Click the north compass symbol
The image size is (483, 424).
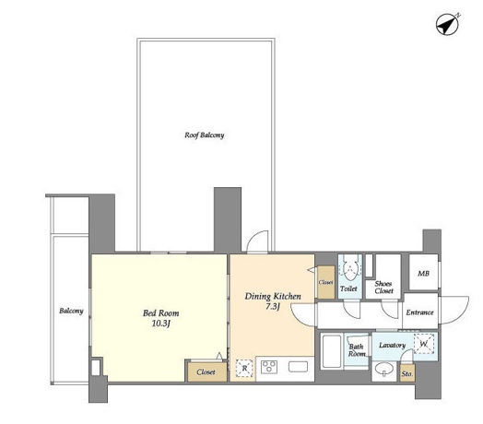[447, 25]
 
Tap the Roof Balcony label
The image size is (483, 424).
[205, 135]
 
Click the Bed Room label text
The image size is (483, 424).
[160, 313]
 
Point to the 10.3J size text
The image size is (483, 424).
[161, 324]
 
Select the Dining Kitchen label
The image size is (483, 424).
[273, 297]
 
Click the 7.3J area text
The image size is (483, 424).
[273, 307]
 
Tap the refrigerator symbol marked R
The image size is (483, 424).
[244, 368]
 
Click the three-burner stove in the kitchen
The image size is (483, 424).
[269, 367]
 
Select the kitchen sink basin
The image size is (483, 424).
[298, 366]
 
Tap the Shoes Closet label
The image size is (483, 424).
[383, 288]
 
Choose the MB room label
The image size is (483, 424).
[423, 274]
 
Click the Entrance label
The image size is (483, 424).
[419, 312]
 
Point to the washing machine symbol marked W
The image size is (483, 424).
[424, 344]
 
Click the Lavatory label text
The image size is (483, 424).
[392, 345]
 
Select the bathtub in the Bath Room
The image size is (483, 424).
[332, 351]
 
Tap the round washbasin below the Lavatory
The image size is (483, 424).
[383, 369]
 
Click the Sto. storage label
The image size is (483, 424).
[406, 374]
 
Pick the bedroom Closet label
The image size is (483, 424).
[206, 372]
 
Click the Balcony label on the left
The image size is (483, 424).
[71, 311]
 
